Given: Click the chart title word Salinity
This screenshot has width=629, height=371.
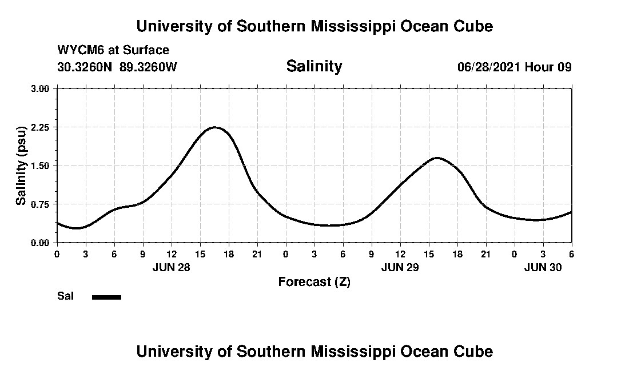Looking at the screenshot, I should coord(314,66).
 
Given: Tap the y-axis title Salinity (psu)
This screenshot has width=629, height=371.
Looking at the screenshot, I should coord(21,166).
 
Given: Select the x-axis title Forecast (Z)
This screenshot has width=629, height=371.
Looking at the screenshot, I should coord(314,282).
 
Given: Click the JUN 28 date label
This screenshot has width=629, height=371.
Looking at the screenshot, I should coord(171,267).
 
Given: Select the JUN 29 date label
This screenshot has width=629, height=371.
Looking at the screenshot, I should coord(400,267).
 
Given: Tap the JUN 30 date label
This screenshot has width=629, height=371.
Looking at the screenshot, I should coord(543,267).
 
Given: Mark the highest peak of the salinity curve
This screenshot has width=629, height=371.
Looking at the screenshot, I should coord(215,127).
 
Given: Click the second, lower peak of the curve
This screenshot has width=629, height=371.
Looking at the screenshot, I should coord(437,158).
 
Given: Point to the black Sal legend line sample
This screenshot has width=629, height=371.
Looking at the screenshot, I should coord(106,297).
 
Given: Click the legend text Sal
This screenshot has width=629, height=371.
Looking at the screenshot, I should coord(65,296).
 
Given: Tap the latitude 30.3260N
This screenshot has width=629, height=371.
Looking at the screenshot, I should coord(85,67).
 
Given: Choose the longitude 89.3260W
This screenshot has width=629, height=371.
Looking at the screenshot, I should coord(148,67).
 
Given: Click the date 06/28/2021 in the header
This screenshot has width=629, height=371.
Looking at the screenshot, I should coord(489,67).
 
